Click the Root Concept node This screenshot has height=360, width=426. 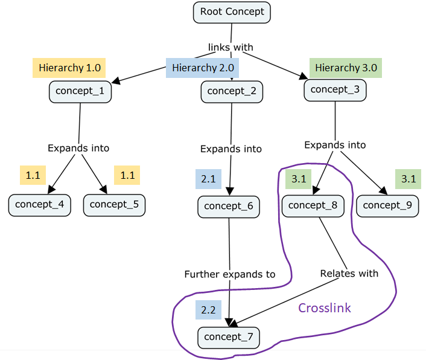coord(232,11)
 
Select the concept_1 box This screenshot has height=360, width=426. coord(80,92)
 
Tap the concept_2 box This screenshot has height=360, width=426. coord(232,91)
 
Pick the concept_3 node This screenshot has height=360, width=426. coord(335,90)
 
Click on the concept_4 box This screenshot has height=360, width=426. coord(40,204)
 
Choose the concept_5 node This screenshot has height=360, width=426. coord(114,204)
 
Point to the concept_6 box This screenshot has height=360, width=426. coord(229,206)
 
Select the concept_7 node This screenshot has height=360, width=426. coord(229,337)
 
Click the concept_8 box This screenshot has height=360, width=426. coord(313,205)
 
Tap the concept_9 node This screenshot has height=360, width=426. coord(387,205)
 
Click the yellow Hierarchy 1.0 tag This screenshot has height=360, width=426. coord(69,67)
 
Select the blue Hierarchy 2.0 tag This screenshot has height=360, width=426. coord(203,68)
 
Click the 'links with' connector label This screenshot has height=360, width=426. coord(230,47)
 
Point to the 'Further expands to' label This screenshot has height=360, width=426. coord(230,274)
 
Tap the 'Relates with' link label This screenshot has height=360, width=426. coord(349,274)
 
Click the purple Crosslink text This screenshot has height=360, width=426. coord(325,308)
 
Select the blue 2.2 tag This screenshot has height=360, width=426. coord(208,310)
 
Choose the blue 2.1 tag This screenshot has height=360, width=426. coord(208,179)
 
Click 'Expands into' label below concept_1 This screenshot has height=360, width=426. coord(78,148)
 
